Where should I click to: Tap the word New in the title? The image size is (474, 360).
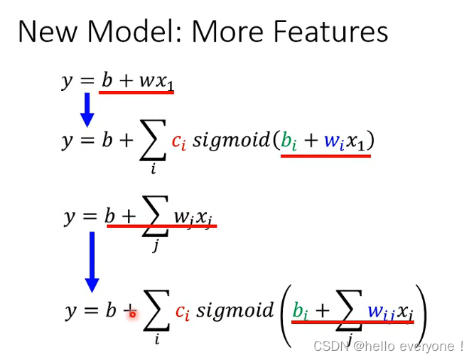click(x=46, y=33)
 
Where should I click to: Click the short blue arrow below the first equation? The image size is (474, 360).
click(x=87, y=109)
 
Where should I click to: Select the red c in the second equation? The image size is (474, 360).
click(x=178, y=141)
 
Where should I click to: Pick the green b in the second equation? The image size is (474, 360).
click(x=289, y=141)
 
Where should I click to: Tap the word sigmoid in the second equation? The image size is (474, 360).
click(x=232, y=141)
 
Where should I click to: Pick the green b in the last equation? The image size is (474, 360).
click(x=301, y=311)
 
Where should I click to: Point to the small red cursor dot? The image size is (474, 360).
click(x=132, y=314)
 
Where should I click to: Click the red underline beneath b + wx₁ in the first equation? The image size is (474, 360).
click(x=137, y=92)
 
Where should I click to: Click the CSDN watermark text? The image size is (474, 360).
click(x=387, y=347)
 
